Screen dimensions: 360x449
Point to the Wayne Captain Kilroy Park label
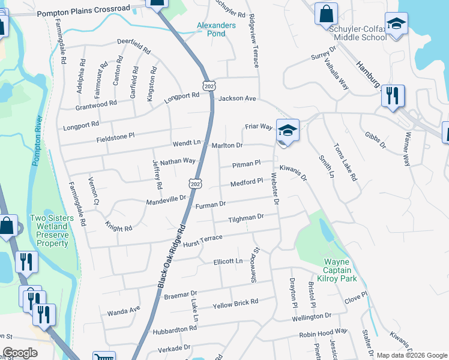[340, 270]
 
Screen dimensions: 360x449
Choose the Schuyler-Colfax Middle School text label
[358, 32]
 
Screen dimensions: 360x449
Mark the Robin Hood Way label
[324, 331]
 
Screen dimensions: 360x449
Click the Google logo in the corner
[20, 353]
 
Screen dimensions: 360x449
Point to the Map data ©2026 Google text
[412, 355]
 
